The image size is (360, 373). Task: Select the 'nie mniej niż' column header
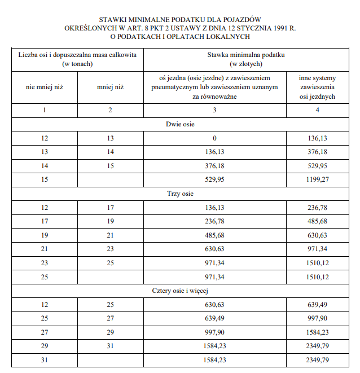[x=45, y=87]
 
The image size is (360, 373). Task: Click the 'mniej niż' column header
[x=111, y=87]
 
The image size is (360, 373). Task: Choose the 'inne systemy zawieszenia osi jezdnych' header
[x=318, y=87]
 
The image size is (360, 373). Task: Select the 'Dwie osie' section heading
[x=180, y=124]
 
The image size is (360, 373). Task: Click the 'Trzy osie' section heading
[x=180, y=194]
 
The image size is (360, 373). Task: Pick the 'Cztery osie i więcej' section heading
[x=180, y=291]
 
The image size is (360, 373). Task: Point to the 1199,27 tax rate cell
[x=318, y=179]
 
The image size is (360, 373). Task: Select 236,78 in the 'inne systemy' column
[x=318, y=208]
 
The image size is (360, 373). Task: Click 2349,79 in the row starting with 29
[x=318, y=346]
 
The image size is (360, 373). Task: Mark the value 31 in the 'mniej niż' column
[x=111, y=346]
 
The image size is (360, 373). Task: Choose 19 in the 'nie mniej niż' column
[x=45, y=235]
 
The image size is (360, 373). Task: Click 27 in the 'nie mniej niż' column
[x=45, y=332]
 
